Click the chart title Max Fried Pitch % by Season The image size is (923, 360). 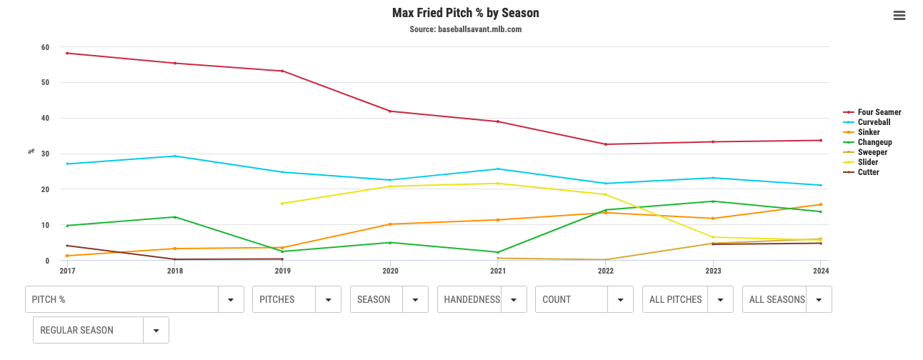pyautogui.click(x=465, y=13)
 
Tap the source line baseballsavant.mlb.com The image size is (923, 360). pyautogui.click(x=465, y=29)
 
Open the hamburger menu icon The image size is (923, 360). pyautogui.click(x=899, y=16)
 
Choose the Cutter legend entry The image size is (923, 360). pyautogui.click(x=868, y=172)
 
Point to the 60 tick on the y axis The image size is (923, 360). pyautogui.click(x=45, y=48)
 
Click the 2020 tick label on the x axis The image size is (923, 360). pyautogui.click(x=390, y=271)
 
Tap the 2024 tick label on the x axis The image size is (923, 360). pyautogui.click(x=820, y=271)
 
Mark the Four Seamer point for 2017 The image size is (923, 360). pyautogui.click(x=67, y=53)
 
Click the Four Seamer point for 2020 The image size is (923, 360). pyautogui.click(x=390, y=111)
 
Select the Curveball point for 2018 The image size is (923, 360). pyautogui.click(x=175, y=156)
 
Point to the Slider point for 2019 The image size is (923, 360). pyautogui.click(x=282, y=204)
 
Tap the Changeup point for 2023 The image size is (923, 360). pyautogui.click(x=713, y=201)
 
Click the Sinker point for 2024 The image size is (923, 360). pyautogui.click(x=820, y=204)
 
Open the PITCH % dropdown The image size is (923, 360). pyautogui.click(x=134, y=299)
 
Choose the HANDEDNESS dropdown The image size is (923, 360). pyautogui.click(x=482, y=299)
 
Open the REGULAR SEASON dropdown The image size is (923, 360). pyautogui.click(x=101, y=330)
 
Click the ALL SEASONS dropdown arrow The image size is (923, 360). pyautogui.click(x=819, y=299)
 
